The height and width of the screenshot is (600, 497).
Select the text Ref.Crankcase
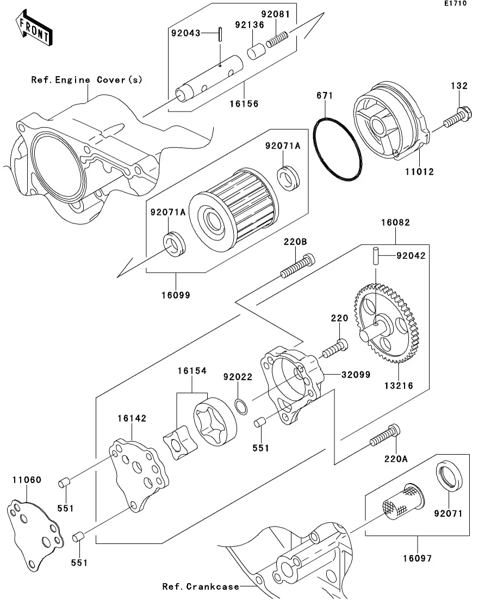pos(201,586)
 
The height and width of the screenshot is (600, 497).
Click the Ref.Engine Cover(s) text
pos(86,79)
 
